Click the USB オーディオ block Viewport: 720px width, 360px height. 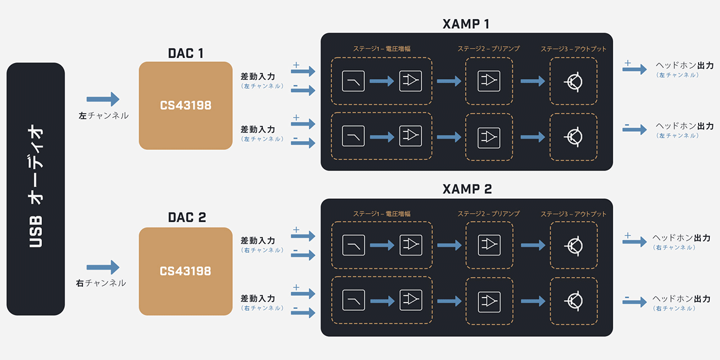pos(35,189)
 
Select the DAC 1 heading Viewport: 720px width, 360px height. pos(186,53)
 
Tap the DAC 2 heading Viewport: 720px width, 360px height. pos(186,218)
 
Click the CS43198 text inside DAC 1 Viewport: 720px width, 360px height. pos(186,105)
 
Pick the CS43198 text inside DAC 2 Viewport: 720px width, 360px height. pos(186,271)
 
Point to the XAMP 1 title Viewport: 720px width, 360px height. pos(466,24)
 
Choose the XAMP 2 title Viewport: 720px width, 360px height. pos(466,189)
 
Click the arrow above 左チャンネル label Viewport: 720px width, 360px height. pos(103,99)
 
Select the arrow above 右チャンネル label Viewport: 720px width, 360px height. pos(103,267)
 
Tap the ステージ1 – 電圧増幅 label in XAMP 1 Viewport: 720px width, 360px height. pos(381,49)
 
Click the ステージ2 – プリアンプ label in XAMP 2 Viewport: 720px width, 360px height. pos(488,214)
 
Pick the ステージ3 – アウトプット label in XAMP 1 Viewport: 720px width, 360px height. pos(574,49)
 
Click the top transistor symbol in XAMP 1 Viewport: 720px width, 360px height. pos(573,82)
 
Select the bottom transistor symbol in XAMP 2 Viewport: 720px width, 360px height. pos(573,301)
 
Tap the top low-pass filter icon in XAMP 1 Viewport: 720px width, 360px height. pos(353,82)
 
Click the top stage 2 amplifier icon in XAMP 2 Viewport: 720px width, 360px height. pos(489,245)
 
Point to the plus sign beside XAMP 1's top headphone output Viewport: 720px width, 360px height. pos(628,63)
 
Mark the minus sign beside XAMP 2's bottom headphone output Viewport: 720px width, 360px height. pos(627,296)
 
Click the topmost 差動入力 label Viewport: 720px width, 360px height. pos(258,76)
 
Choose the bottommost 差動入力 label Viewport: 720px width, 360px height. pos(258,298)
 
